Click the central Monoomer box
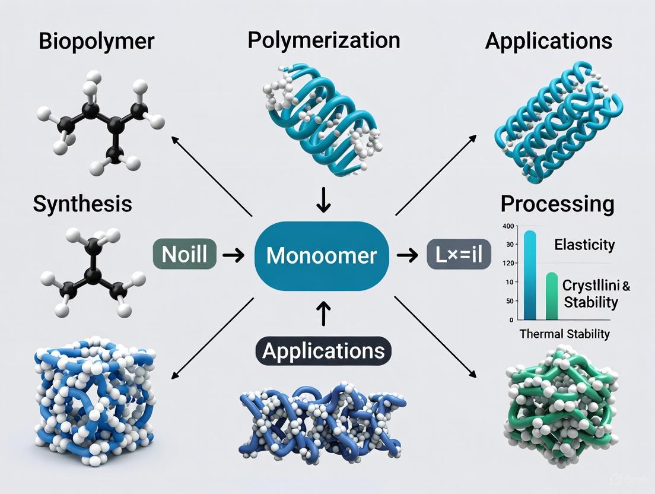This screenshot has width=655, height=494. (x=322, y=255)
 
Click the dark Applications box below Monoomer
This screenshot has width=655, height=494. (x=323, y=351)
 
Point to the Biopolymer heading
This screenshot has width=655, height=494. (x=96, y=42)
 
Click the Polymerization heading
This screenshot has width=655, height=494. (x=323, y=40)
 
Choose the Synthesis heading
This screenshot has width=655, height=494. (x=82, y=204)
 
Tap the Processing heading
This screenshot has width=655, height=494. (x=557, y=204)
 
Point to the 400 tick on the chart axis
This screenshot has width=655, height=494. (x=507, y=227)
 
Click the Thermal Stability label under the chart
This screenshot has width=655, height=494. (x=564, y=334)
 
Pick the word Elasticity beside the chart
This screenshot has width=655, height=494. (x=584, y=245)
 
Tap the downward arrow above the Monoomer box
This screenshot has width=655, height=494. (x=323, y=201)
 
